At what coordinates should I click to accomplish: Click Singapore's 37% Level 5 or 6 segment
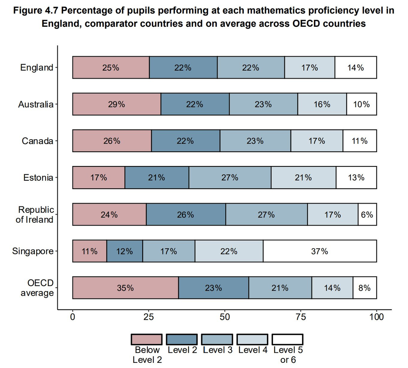tap(320, 251)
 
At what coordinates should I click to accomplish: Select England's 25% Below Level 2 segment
tap(111, 67)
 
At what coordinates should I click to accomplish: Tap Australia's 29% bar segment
tap(117, 104)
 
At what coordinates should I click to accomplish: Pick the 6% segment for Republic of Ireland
tap(367, 214)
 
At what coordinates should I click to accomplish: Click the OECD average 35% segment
tap(126, 288)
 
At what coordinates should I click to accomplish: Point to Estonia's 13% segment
tap(356, 178)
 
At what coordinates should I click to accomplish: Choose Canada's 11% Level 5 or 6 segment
tap(360, 141)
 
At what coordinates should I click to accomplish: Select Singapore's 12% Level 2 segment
tap(125, 251)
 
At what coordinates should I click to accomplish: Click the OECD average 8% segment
tap(365, 288)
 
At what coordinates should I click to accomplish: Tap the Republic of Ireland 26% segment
tap(186, 214)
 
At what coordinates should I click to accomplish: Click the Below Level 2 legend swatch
tap(147, 340)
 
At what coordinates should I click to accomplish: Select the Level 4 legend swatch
tap(252, 340)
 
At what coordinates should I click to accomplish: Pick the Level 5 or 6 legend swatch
tap(288, 340)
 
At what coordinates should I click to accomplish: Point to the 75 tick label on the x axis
tap(301, 317)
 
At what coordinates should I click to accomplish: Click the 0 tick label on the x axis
tap(73, 317)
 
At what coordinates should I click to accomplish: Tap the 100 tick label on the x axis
tap(377, 317)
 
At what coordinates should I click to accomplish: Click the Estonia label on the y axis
tap(38, 178)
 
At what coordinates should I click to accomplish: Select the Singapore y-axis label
tap(33, 251)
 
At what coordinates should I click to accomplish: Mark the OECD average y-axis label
tap(37, 288)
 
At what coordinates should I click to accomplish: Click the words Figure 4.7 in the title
tap(36, 11)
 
